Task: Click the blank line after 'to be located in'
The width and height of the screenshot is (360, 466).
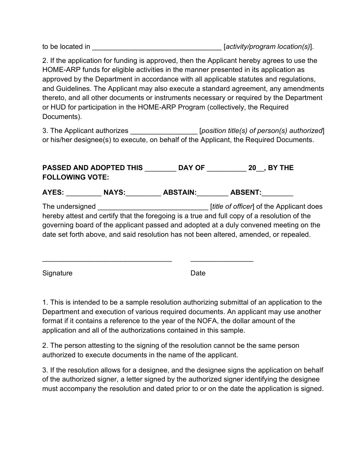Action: [x=157, y=47]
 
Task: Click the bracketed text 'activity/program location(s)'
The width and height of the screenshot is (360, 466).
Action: [x=268, y=47]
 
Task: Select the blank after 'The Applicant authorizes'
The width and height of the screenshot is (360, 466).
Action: [x=164, y=131]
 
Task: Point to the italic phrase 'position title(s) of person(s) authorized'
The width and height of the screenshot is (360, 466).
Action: [x=261, y=131]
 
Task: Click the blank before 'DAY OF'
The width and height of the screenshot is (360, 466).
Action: [x=160, y=168]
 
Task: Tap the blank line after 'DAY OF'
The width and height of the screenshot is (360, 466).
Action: [x=227, y=168]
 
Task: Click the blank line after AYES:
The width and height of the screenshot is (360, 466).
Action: [x=83, y=193]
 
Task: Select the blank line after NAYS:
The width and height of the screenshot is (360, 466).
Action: [x=143, y=193]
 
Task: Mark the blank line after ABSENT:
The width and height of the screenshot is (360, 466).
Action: [x=277, y=193]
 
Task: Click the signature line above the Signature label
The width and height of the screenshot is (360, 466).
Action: [x=107, y=261]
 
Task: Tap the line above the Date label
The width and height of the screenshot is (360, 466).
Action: [x=222, y=261]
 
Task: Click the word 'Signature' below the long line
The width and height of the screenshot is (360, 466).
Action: [x=57, y=273]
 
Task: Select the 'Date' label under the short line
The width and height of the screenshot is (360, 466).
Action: [x=198, y=273]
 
